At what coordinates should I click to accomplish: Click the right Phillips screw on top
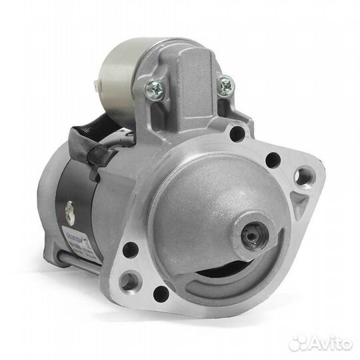pyautogui.click(x=226, y=85)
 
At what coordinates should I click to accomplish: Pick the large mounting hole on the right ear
pyautogui.click(x=304, y=177)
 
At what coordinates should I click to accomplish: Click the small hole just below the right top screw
pyautogui.click(x=237, y=133)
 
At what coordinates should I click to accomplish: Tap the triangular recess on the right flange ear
pyautogui.click(x=301, y=203)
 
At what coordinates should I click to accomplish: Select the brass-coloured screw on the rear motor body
pyautogui.click(x=69, y=215)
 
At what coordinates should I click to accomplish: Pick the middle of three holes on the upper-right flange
pyautogui.click(x=272, y=160)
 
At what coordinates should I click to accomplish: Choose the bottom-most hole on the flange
pyautogui.click(x=161, y=293)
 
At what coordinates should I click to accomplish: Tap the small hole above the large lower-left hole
pyautogui.click(x=131, y=250)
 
